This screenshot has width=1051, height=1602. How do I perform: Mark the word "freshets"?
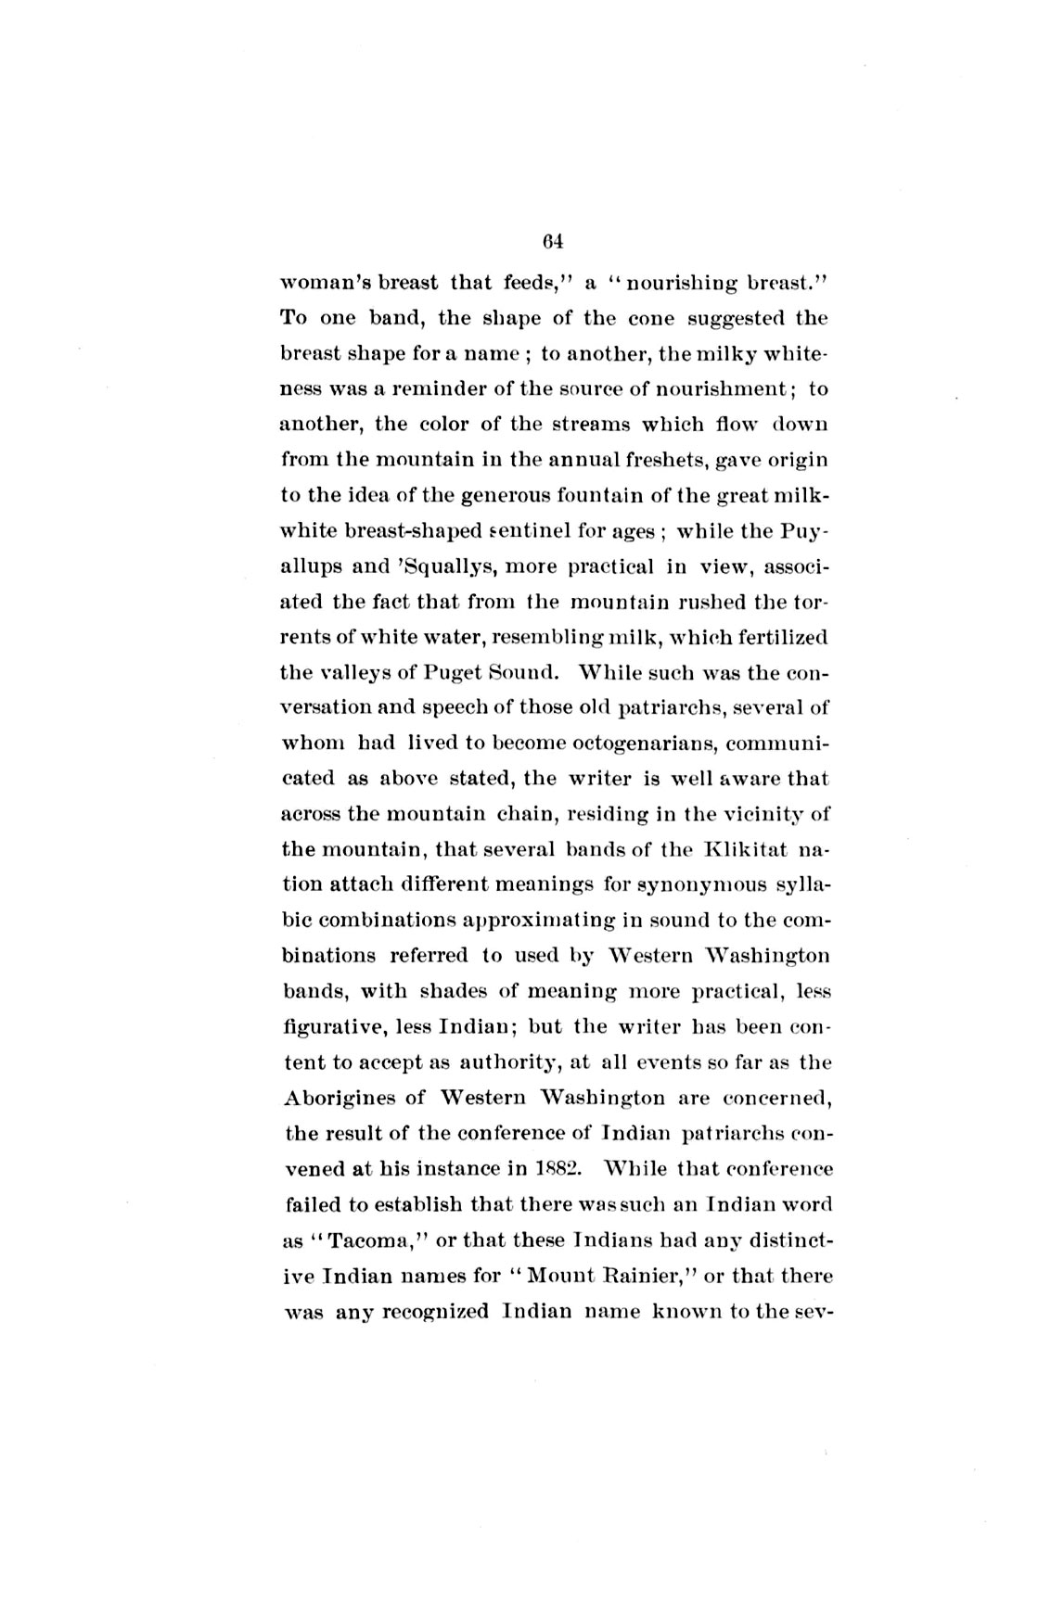[699, 460]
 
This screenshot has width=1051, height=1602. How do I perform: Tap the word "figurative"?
[332, 1028]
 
